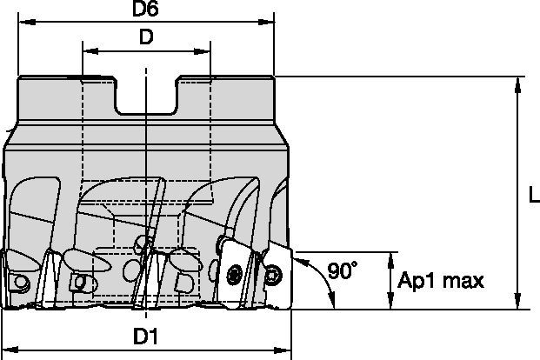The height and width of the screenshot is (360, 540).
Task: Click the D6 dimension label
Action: pyautogui.click(x=145, y=10)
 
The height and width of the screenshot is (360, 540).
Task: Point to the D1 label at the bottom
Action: pyautogui.click(x=148, y=335)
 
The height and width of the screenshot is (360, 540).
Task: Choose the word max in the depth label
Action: pyautogui.click(x=463, y=281)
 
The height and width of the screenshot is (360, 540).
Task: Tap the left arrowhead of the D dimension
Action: pyautogui.click(x=87, y=51)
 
